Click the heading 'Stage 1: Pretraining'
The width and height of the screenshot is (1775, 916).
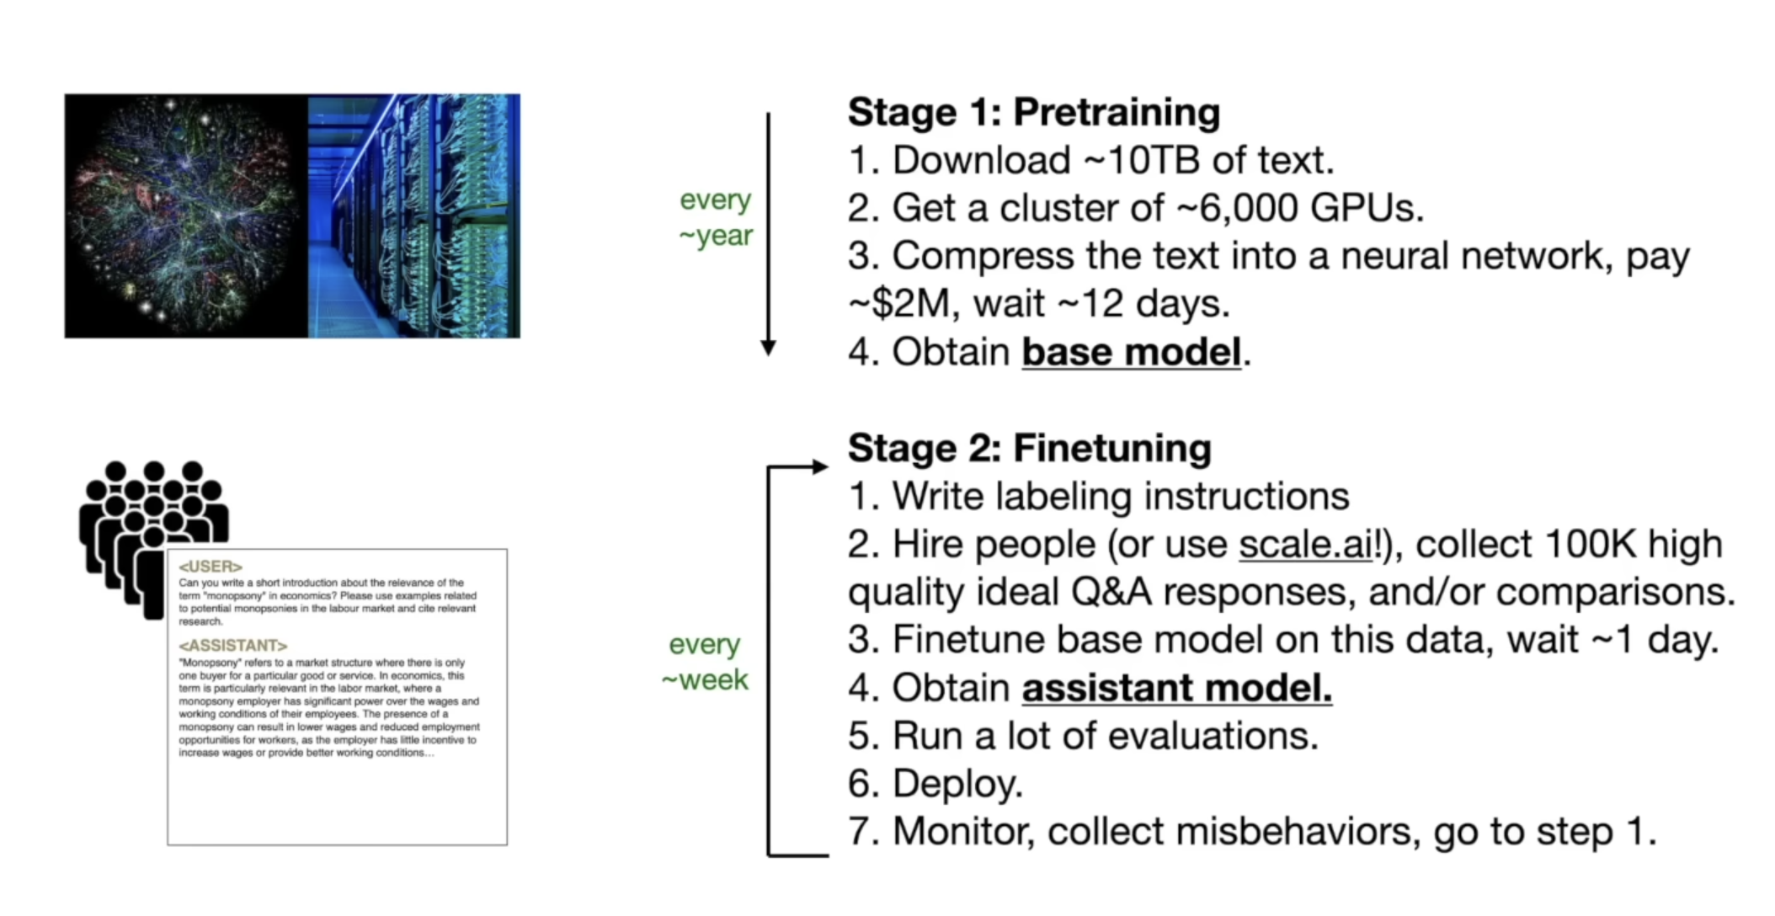(x=1033, y=112)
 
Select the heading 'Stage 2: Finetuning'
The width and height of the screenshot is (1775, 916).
(x=1029, y=448)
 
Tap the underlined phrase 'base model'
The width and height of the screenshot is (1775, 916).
(x=1131, y=352)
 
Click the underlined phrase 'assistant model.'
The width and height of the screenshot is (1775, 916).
(x=1176, y=688)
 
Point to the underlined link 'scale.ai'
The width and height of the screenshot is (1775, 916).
(x=1305, y=545)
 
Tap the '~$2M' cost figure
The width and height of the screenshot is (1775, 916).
(x=900, y=304)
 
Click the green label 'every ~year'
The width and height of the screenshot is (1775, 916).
(x=715, y=217)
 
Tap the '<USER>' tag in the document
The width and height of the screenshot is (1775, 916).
(x=211, y=567)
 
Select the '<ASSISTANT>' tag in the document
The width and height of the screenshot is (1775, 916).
(x=232, y=646)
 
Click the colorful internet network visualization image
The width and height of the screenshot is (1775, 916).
(x=185, y=216)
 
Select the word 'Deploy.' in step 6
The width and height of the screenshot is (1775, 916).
(x=957, y=784)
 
